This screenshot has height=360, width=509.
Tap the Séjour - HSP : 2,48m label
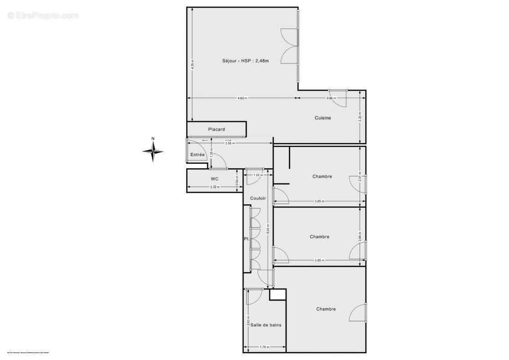tap(245, 61)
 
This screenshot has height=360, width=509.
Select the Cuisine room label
tap(323, 118)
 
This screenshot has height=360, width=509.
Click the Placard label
tap(216, 130)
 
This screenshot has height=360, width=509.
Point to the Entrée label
tap(197, 155)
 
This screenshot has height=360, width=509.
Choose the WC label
tap(215, 179)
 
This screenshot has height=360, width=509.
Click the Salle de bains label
tap(266, 324)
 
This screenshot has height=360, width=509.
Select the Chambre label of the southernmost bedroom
tap(326, 309)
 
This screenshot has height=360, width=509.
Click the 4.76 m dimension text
tap(192, 64)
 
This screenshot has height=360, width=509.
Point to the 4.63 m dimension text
tap(242, 98)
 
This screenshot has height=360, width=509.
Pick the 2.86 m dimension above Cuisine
tap(331, 98)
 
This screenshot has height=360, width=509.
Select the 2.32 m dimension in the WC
tap(215, 187)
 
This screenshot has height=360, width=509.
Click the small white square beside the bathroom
tap(278, 294)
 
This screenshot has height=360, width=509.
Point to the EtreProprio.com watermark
tap(43, 16)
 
